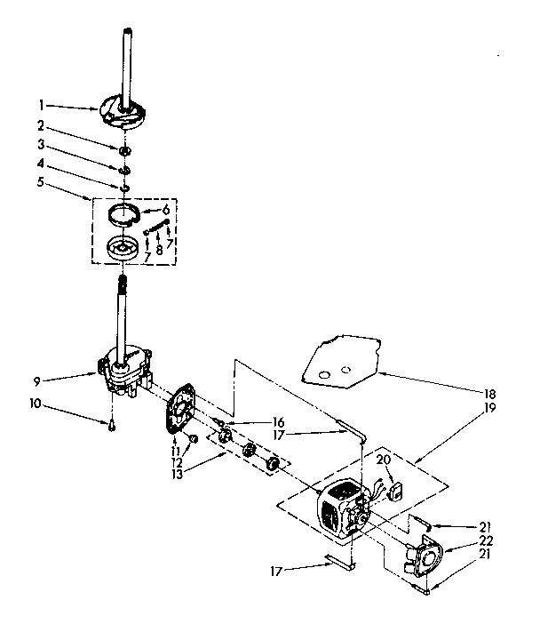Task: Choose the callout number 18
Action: [491, 394]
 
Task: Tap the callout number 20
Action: [383, 459]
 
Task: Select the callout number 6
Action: [165, 209]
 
